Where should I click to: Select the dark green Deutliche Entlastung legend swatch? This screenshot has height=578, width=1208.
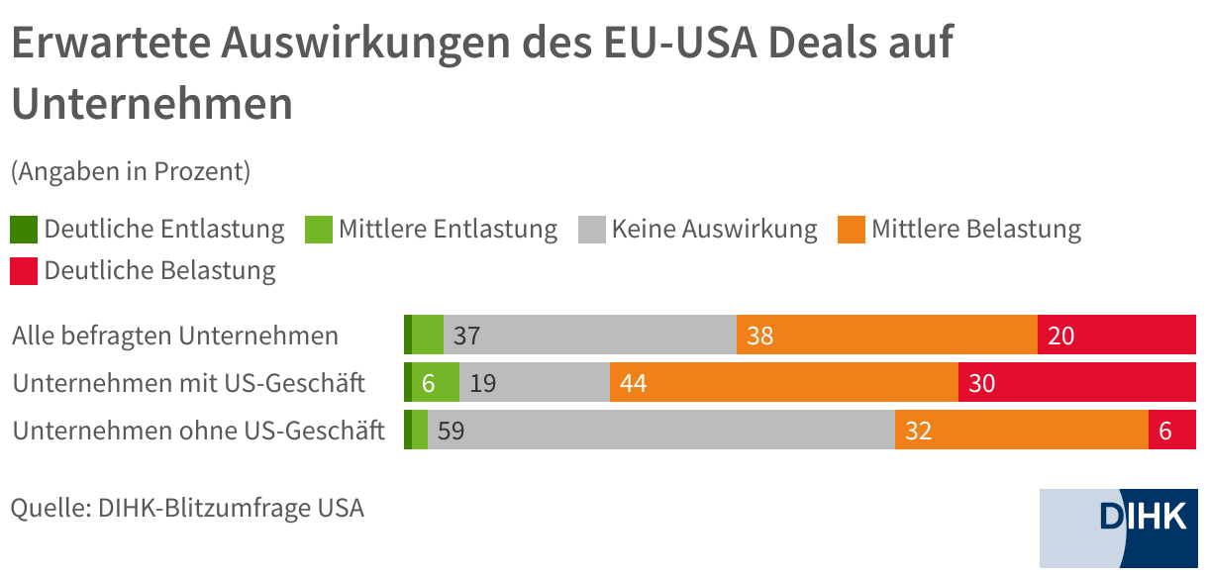pyautogui.click(x=24, y=230)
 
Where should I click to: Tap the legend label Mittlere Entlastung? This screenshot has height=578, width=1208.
pyautogui.click(x=448, y=230)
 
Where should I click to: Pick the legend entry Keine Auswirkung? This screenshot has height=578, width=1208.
pyautogui.click(x=714, y=230)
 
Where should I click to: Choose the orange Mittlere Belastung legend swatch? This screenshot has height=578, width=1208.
pyautogui.click(x=851, y=230)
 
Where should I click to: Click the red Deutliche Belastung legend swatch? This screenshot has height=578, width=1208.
pyautogui.click(x=24, y=270)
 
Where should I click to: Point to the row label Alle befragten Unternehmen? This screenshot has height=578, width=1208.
pyautogui.click(x=175, y=336)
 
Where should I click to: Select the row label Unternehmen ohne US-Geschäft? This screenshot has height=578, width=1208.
pyautogui.click(x=198, y=431)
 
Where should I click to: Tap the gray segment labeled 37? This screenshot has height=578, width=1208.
pyautogui.click(x=590, y=336)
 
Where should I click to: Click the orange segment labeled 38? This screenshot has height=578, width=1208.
pyautogui.click(x=887, y=336)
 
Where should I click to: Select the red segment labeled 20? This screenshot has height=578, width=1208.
pyautogui.click(x=1117, y=336)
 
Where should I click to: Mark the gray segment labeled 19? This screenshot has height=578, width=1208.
pyautogui.click(x=535, y=383)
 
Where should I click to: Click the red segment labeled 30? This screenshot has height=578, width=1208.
pyautogui.click(x=1077, y=383)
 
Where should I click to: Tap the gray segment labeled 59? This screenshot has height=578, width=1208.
pyautogui.click(x=661, y=431)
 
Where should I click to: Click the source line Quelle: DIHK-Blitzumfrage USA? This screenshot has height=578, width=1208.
pyautogui.click(x=187, y=509)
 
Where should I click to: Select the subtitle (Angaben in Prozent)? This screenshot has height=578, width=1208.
pyautogui.click(x=130, y=171)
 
